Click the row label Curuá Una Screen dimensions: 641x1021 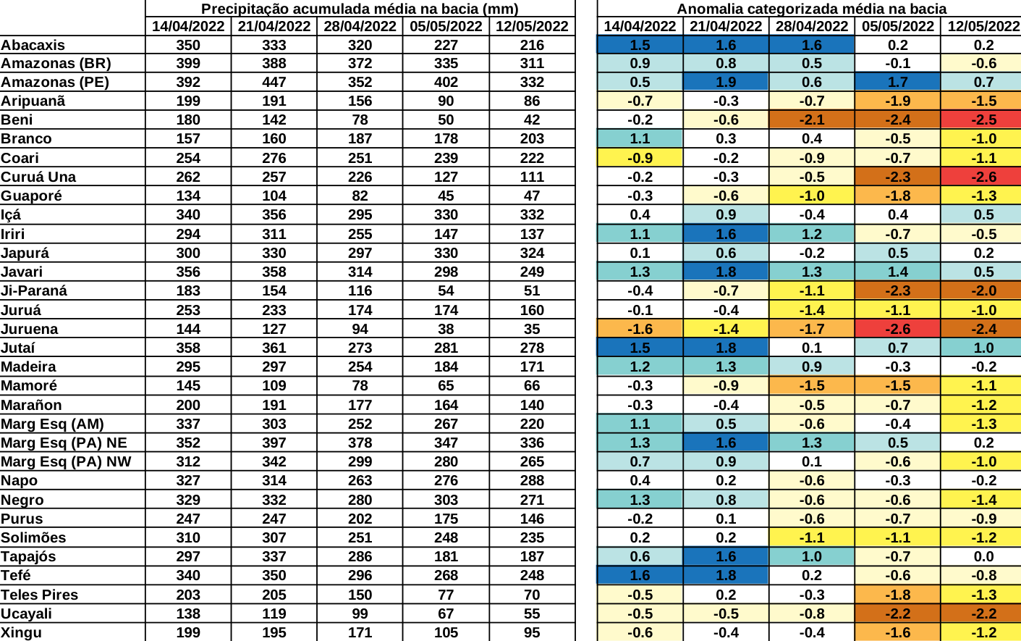click(38, 177)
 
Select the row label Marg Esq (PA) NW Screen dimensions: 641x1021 click(66, 461)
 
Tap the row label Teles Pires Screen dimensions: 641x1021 click(39, 595)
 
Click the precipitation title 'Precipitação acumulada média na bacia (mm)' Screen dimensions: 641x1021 click(360, 9)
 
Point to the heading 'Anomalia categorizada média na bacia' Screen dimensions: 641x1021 click(811, 9)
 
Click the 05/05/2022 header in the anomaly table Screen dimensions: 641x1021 click(897, 26)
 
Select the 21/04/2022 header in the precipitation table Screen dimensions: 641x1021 click(274, 26)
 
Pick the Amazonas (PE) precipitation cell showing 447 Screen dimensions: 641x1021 click(274, 82)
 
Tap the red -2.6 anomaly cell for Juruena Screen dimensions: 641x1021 click(897, 329)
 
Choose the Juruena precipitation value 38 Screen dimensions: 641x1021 click(446, 329)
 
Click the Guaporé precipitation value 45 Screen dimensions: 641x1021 click(446, 196)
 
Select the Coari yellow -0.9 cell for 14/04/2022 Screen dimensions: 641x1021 click(640, 158)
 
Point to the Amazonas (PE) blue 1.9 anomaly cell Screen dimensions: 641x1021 click(726, 82)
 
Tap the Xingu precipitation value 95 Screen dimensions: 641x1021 click(532, 632)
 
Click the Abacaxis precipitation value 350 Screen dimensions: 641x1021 click(188, 45)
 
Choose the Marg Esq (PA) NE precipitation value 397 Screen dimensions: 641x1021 click(274, 443)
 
